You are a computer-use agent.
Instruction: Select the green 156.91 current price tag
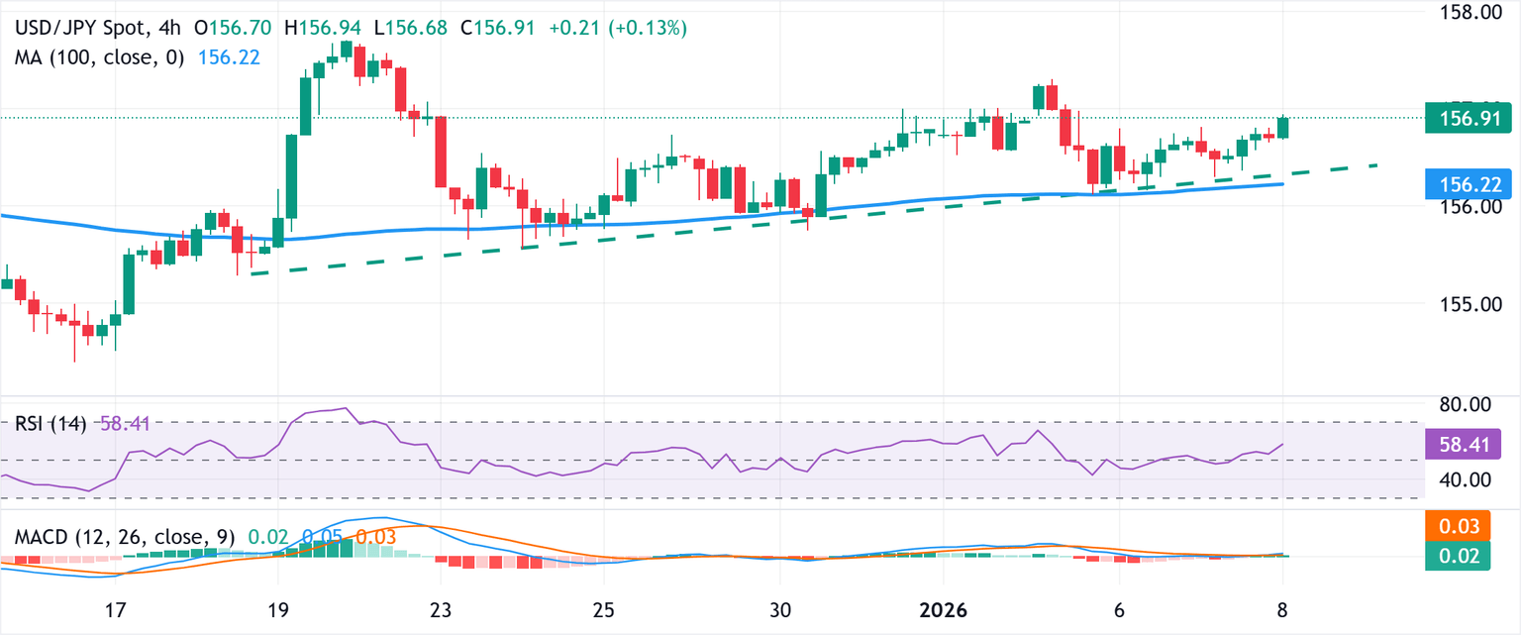point(1461,120)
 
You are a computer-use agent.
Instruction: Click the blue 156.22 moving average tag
point(1461,184)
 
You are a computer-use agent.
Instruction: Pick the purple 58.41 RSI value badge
point(1461,443)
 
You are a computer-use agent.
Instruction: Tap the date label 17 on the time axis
point(116,609)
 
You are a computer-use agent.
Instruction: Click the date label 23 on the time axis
point(441,609)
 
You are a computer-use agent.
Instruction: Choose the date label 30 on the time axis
point(780,609)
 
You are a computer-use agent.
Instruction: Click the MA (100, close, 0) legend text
point(99,57)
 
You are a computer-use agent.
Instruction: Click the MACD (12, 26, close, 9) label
point(125,537)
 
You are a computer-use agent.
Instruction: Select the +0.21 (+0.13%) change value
point(627,29)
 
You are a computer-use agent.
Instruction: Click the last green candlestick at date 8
point(1283,127)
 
